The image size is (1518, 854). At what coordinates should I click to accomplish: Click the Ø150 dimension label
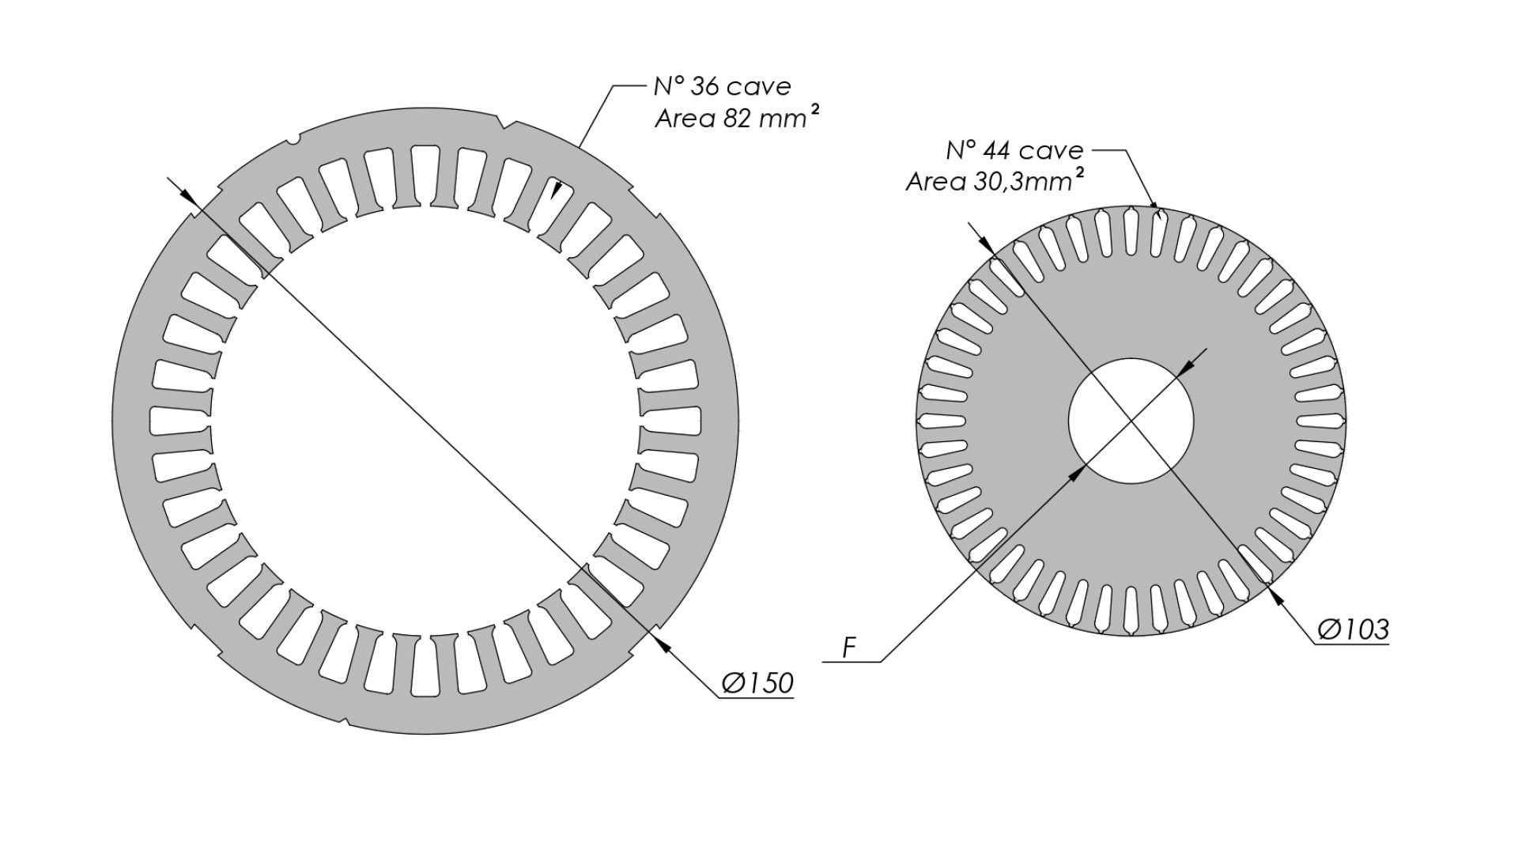[x=757, y=683]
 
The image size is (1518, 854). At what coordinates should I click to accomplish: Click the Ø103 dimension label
[x=1353, y=629]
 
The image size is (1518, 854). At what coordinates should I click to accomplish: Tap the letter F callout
[x=849, y=648]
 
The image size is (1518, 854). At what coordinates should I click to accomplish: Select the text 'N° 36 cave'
[x=722, y=86]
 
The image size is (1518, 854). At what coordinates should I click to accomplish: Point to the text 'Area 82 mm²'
[x=736, y=118]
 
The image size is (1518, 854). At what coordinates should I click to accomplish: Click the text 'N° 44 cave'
[x=1014, y=150]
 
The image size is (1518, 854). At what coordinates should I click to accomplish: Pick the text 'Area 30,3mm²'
[x=994, y=181]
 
